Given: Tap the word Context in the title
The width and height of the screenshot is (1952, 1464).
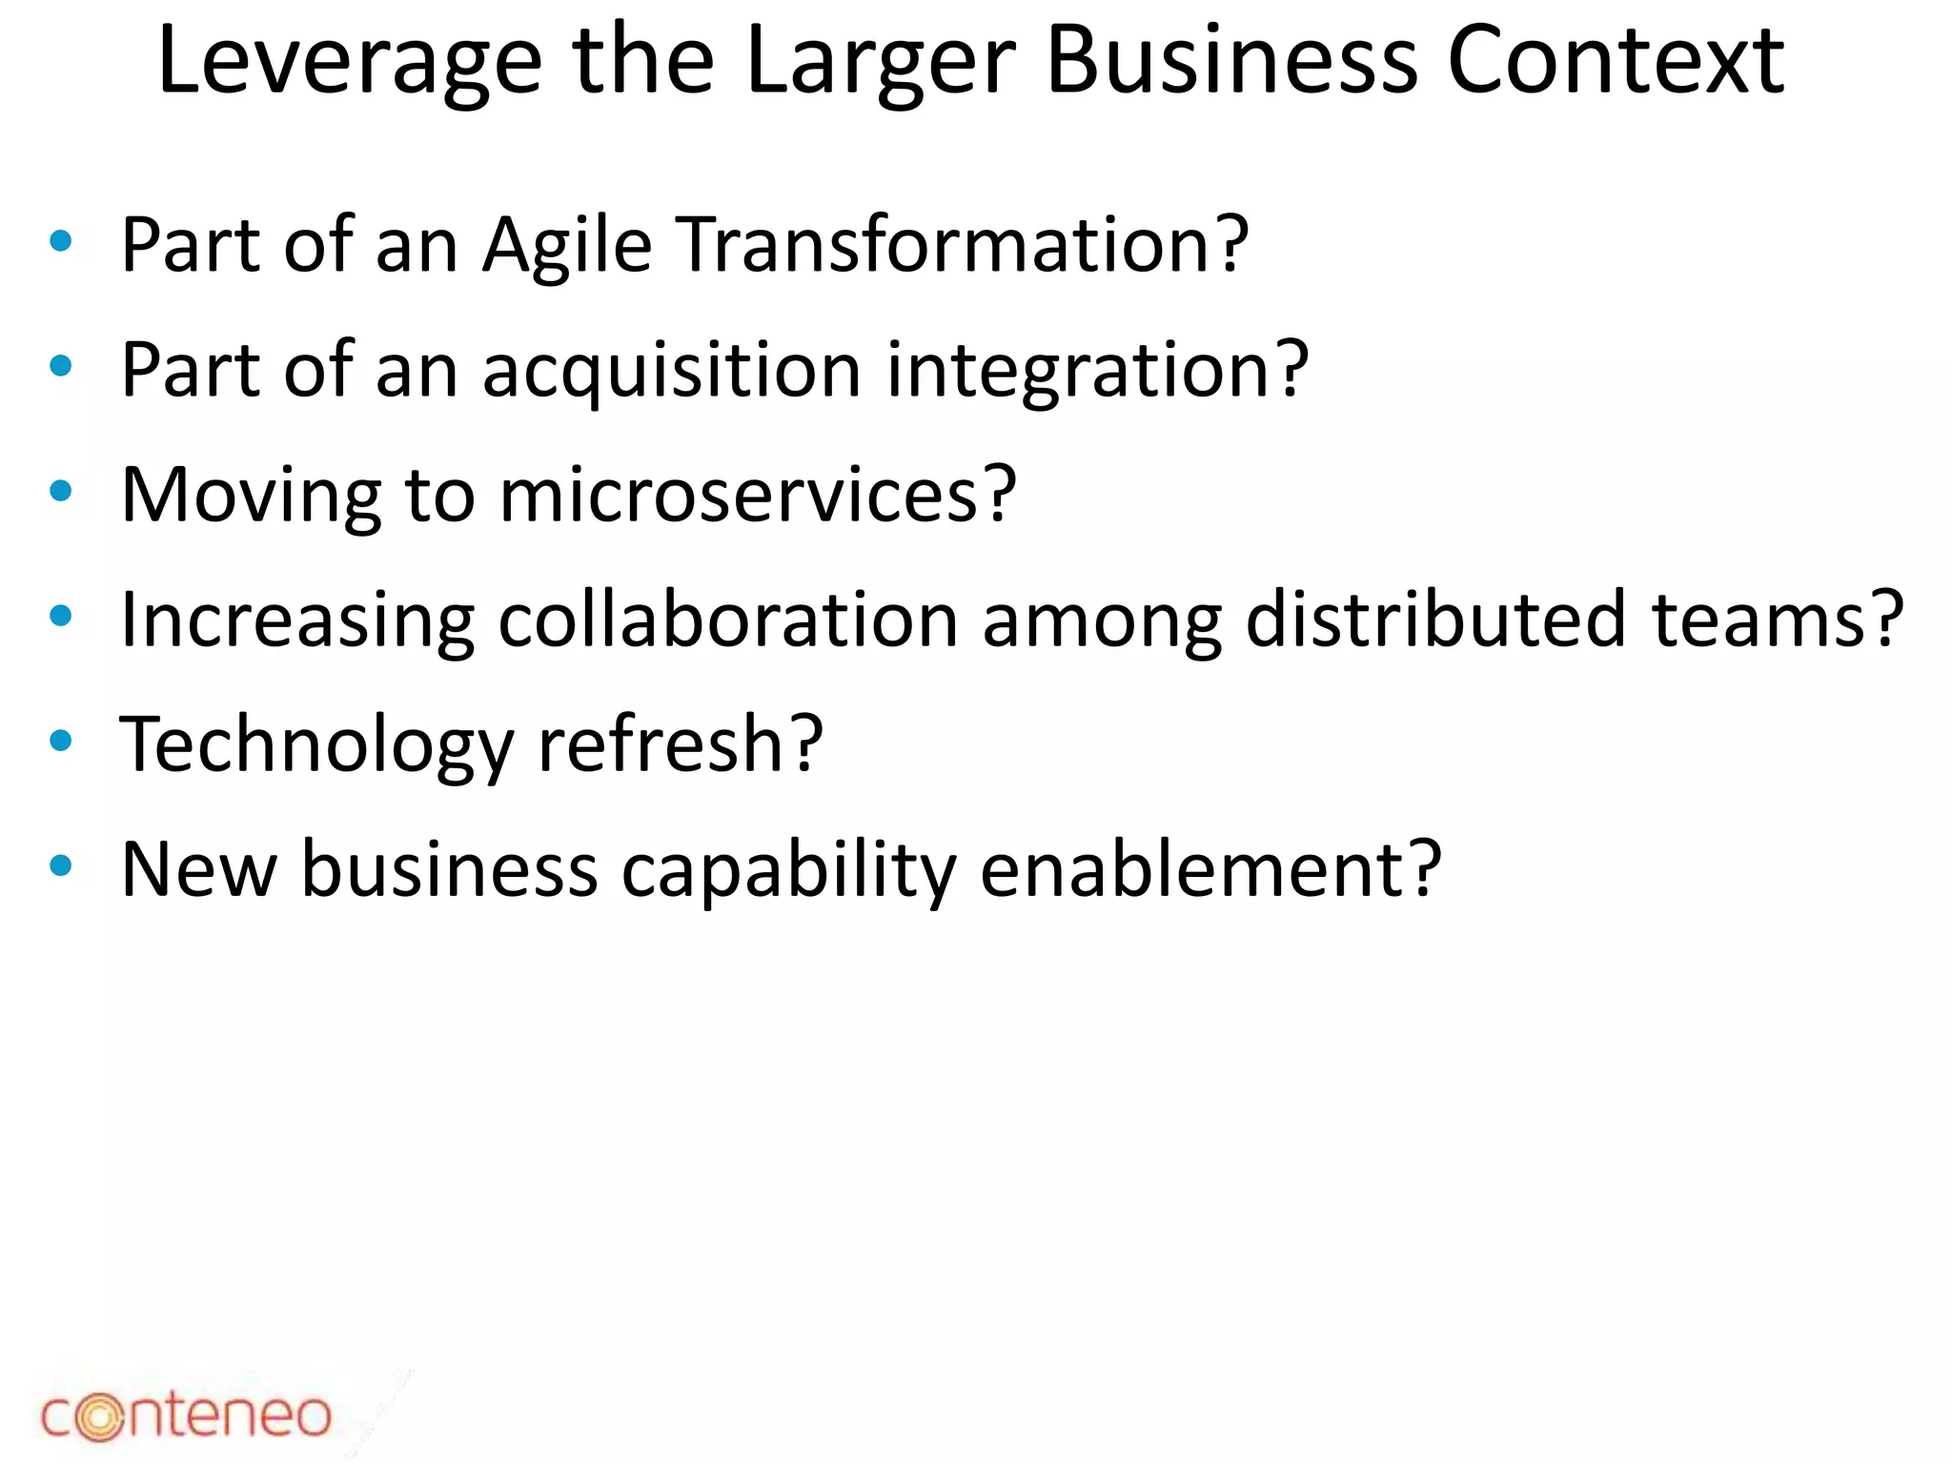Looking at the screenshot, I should (1616, 61).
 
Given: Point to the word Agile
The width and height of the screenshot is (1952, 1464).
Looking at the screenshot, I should (567, 246).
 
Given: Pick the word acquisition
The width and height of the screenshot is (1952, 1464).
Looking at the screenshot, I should (672, 370).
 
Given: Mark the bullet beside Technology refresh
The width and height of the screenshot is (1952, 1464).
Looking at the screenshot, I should (61, 741).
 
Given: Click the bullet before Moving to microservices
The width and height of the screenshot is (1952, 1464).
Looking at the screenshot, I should (61, 491).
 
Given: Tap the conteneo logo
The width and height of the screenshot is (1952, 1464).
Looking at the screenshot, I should (186, 1414).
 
